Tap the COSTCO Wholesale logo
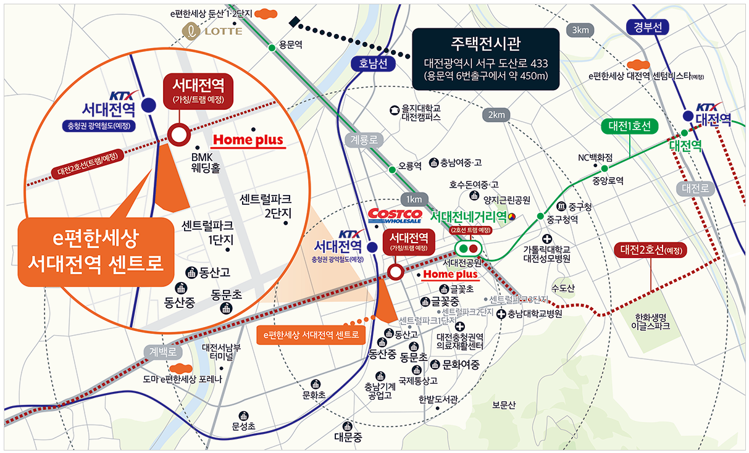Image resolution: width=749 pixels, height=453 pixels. click(x=395, y=216)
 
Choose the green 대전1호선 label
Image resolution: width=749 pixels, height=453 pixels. click(x=630, y=127)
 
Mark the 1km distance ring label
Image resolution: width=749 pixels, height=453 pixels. click(x=414, y=199)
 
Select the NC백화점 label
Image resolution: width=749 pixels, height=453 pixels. click(x=595, y=157)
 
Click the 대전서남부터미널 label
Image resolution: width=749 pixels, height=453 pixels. click(x=221, y=352)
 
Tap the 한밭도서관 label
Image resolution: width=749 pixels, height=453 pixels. click(x=438, y=399)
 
